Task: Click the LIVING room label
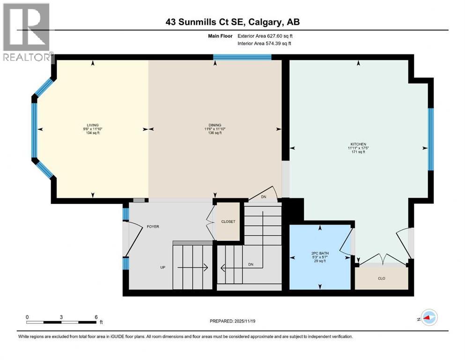(92, 125)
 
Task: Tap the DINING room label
(215, 125)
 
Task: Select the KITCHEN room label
(358, 144)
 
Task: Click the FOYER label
(153, 226)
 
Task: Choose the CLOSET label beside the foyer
(228, 222)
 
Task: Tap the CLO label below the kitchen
(381, 278)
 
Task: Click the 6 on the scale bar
(96, 317)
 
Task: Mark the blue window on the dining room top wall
(242, 58)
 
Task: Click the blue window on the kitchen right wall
(430, 139)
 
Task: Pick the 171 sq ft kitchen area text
(358, 153)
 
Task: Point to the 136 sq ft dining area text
(215, 133)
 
